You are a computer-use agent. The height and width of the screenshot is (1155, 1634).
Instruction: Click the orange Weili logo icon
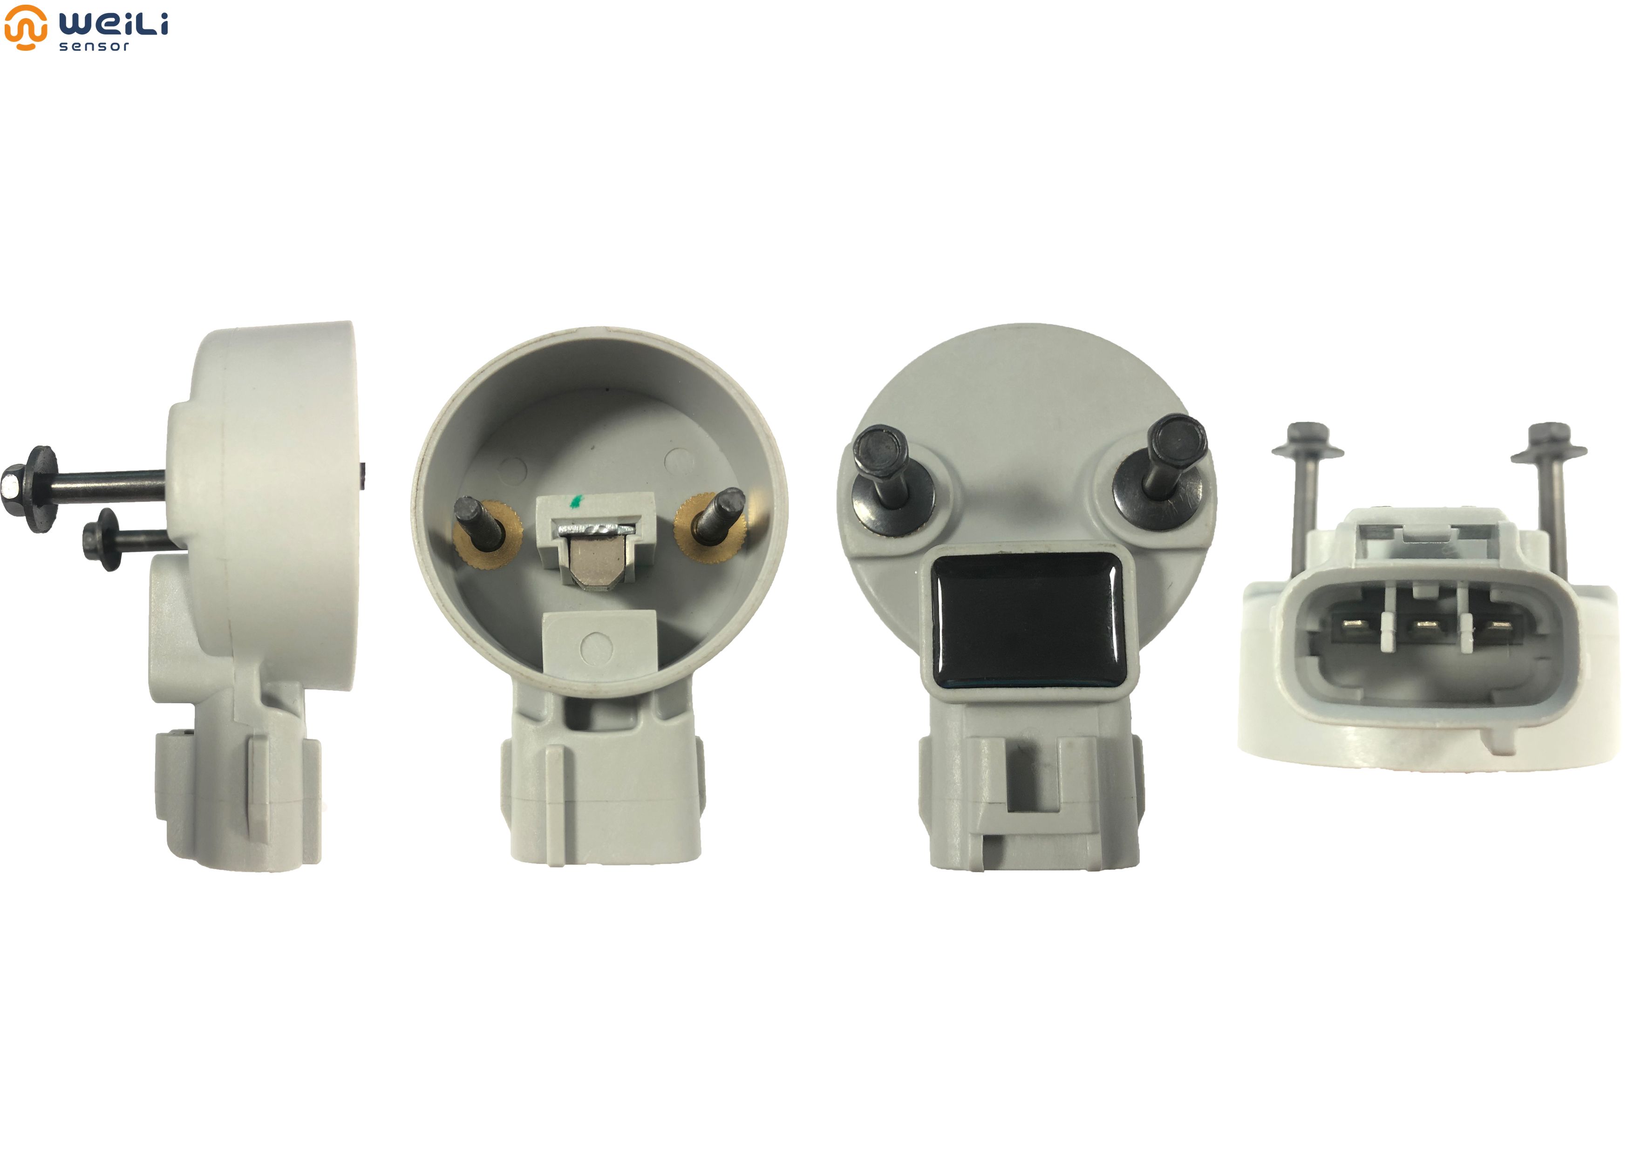point(26,27)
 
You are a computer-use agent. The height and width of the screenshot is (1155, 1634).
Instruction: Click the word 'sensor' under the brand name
point(94,46)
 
